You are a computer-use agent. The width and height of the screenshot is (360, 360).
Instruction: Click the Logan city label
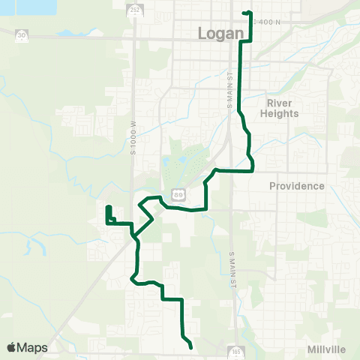[x=221, y=34]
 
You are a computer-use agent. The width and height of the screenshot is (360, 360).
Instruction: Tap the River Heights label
[x=283, y=108]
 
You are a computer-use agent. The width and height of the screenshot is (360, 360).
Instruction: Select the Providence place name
[x=298, y=186]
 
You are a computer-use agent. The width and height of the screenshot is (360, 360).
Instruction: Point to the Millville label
[x=326, y=349]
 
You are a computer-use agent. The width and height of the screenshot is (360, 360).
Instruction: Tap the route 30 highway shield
[x=22, y=34]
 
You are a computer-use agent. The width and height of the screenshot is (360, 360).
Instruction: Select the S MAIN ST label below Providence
[x=231, y=265]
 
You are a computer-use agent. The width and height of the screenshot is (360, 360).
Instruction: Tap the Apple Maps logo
[x=27, y=347]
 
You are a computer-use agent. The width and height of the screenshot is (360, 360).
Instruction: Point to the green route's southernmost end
[x=192, y=347]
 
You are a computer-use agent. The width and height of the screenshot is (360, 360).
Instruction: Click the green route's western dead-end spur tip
[x=109, y=207]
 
